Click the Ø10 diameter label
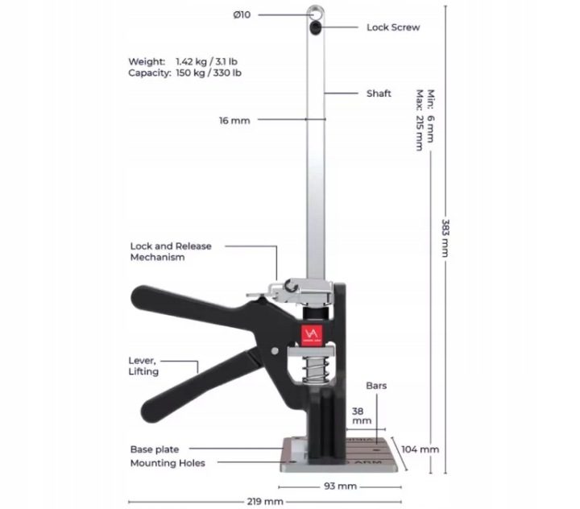pos(242,14)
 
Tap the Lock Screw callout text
pos(393,27)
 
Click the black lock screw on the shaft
pos(315,27)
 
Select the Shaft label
pos(379,93)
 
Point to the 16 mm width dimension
pos(234,121)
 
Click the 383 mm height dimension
pos(445,238)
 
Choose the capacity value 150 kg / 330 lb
pos(209,72)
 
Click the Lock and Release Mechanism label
pos(171,251)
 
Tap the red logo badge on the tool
pos(312,336)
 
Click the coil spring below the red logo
pos(315,370)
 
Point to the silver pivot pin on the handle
pos(275,350)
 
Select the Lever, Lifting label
pos(143,366)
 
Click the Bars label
pos(376,386)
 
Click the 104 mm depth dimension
pos(420,449)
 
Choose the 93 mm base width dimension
pos(340,486)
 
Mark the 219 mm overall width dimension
pos(265,502)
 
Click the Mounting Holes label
pos(168,463)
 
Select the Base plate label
pos(155,449)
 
